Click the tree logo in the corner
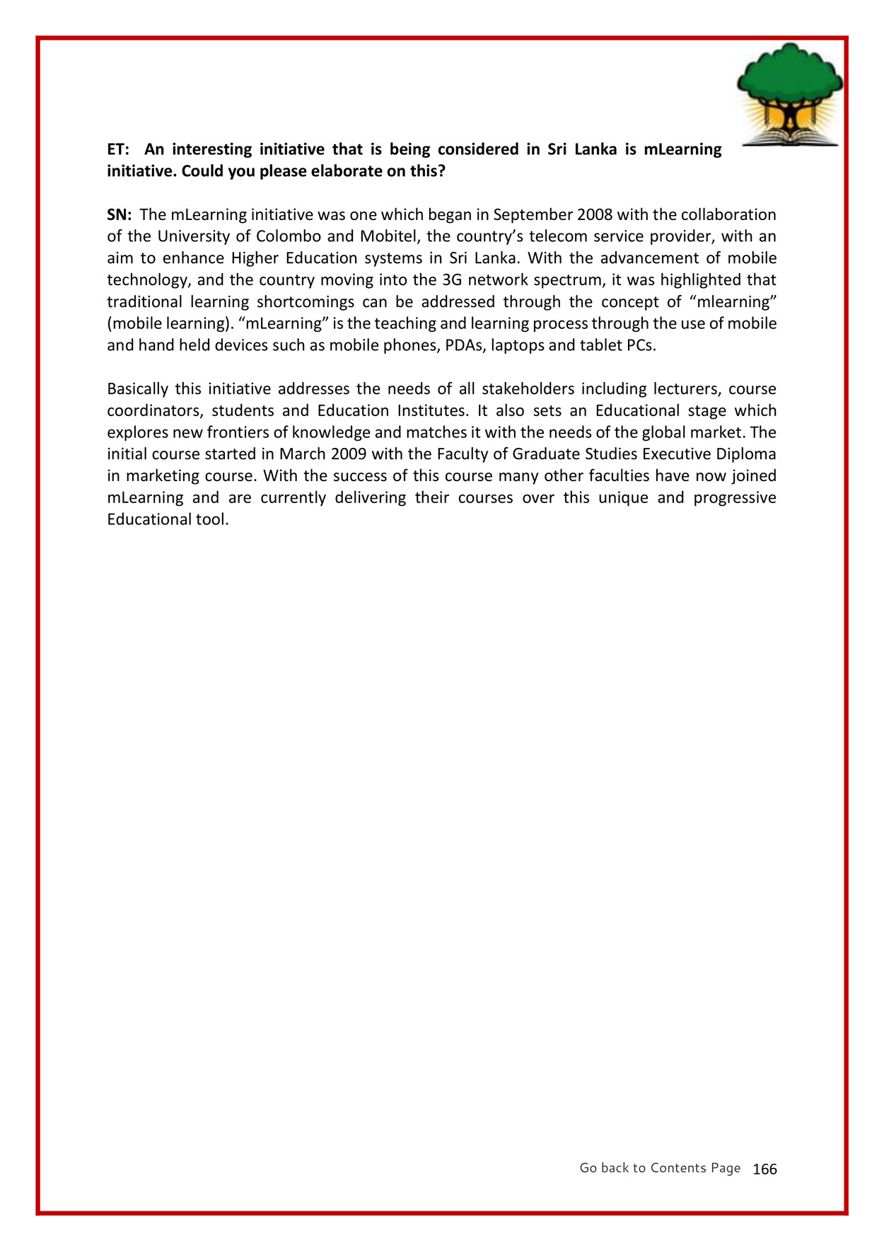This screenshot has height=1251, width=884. [789, 95]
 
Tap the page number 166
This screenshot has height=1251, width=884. [764, 1169]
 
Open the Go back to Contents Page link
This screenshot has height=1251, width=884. [660, 1168]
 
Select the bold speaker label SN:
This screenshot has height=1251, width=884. [120, 214]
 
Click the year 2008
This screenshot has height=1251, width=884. [595, 214]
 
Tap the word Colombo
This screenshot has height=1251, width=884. [289, 236]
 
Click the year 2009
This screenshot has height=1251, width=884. [349, 454]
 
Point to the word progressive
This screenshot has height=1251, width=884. [734, 498]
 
